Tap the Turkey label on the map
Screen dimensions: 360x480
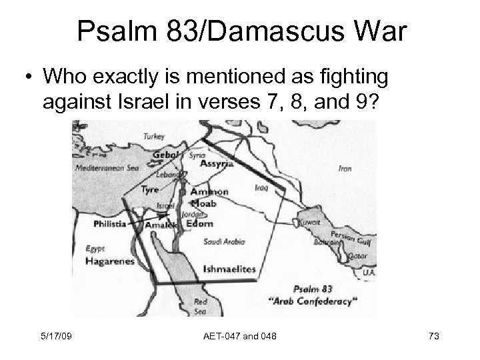click(155, 136)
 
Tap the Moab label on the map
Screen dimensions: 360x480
click(204, 203)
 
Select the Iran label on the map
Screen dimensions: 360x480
click(345, 169)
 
